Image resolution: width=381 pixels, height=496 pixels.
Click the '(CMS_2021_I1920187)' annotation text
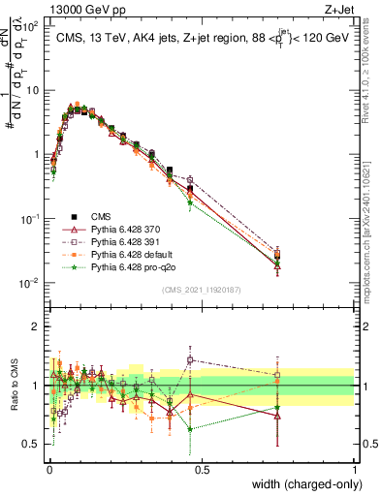[202, 290]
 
